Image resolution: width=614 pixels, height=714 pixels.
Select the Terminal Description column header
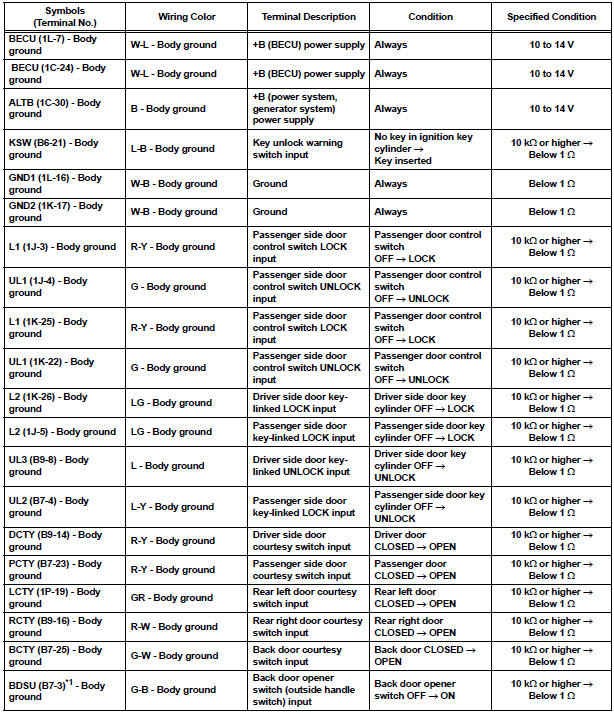(x=308, y=17)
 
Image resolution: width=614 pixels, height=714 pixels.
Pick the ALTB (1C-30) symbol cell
(x=54, y=108)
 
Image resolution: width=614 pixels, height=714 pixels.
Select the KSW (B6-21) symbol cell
(x=56, y=148)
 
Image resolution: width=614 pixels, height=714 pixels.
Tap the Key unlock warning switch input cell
(x=308, y=148)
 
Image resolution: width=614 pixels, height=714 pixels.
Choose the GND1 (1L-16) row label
(x=56, y=184)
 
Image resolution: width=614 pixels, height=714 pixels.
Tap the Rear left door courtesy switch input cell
(x=308, y=598)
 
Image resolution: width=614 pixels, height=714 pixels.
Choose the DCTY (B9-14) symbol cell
(x=56, y=541)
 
